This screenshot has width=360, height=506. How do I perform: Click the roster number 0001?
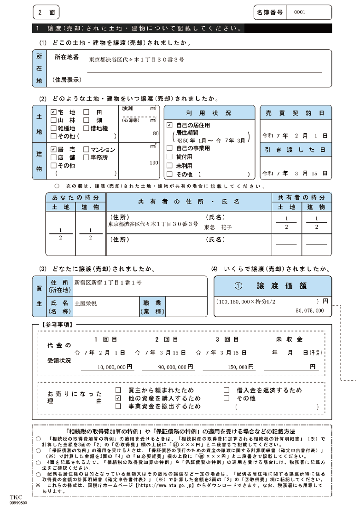(x=299, y=12)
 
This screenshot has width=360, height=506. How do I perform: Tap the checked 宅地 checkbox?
(x=53, y=112)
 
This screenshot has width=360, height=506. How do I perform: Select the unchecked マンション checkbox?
(x=86, y=150)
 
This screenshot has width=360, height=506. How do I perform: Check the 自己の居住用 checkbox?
(x=169, y=125)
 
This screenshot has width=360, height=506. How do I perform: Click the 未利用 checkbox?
(x=169, y=165)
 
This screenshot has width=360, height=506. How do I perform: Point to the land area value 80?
(x=156, y=134)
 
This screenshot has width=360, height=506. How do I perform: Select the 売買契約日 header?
(x=295, y=113)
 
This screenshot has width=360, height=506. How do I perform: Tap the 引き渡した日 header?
(x=295, y=150)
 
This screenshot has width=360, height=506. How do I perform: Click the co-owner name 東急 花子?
(x=218, y=227)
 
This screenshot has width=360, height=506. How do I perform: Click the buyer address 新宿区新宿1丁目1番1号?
(x=108, y=283)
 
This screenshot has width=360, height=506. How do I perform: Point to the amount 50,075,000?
(x=310, y=311)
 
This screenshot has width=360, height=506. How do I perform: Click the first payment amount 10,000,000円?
(x=106, y=367)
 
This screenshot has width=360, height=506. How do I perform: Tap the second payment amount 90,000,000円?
(x=167, y=367)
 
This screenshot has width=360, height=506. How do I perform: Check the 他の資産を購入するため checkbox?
(x=118, y=398)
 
